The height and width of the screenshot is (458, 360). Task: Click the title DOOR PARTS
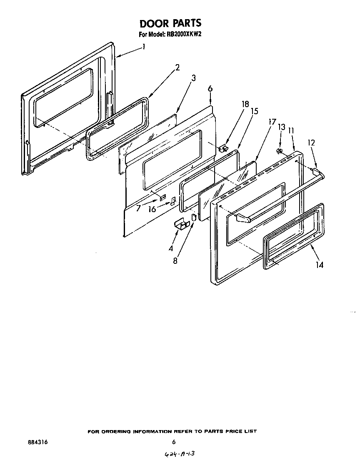[x=170, y=23]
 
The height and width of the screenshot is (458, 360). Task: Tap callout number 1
[x=144, y=47]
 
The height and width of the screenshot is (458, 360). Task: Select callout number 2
[x=177, y=68]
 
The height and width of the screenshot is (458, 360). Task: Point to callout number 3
[x=194, y=78]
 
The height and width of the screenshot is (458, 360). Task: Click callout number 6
[x=210, y=88]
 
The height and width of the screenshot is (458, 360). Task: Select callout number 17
[x=272, y=122]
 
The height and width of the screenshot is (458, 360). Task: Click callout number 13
[x=282, y=127]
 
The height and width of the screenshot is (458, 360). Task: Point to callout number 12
[x=311, y=143]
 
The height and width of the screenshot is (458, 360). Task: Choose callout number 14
[x=319, y=264]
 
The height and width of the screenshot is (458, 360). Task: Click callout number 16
[x=152, y=209]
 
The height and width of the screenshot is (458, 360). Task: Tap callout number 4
[x=171, y=249]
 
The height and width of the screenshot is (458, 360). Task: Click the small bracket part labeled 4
[x=182, y=224]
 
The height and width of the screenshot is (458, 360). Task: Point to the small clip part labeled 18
[x=224, y=148]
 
